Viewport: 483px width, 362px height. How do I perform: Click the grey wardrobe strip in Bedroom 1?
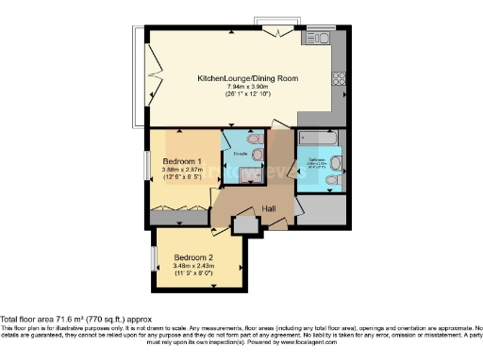click(x=179, y=218)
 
